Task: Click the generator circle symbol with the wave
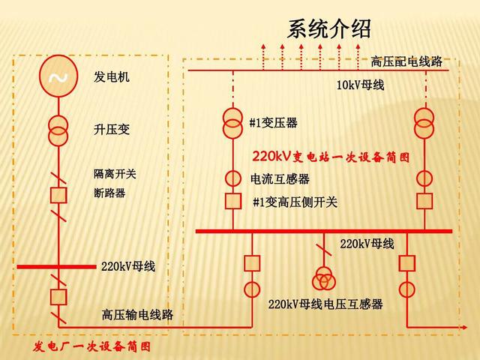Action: click(x=57, y=79)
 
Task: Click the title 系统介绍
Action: click(x=328, y=30)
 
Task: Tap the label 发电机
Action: click(x=112, y=77)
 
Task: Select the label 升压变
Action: click(x=112, y=130)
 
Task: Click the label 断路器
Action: click(x=109, y=193)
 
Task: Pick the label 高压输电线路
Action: click(x=137, y=315)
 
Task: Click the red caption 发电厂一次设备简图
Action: click(x=92, y=346)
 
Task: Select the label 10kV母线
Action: click(x=360, y=85)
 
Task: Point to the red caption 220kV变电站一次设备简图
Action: click(x=331, y=157)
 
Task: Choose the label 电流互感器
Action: click(x=280, y=179)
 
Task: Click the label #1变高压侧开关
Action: click(x=295, y=202)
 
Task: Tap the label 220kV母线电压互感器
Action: click(x=325, y=304)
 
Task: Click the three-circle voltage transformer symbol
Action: click(x=324, y=278)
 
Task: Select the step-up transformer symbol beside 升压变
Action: click(x=57, y=130)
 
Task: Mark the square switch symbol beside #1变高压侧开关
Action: click(x=233, y=201)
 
